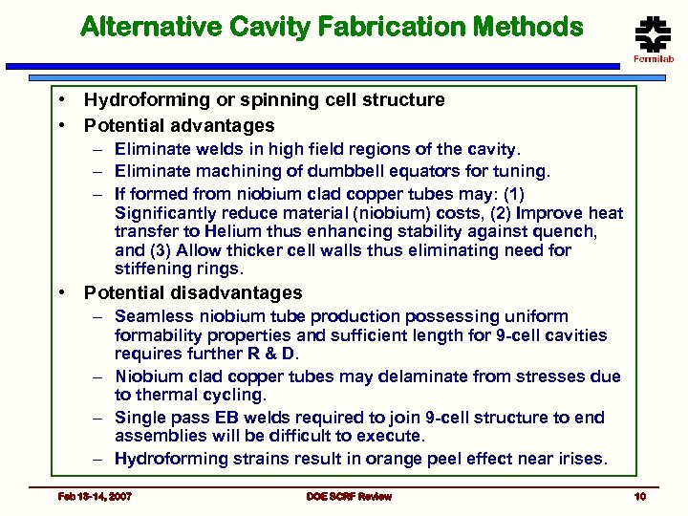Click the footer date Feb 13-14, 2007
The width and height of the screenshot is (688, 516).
[95, 496]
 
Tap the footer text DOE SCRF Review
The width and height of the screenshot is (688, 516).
[349, 496]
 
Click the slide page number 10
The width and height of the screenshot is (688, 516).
[639, 496]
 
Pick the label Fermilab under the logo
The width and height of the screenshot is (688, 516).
[654, 59]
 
